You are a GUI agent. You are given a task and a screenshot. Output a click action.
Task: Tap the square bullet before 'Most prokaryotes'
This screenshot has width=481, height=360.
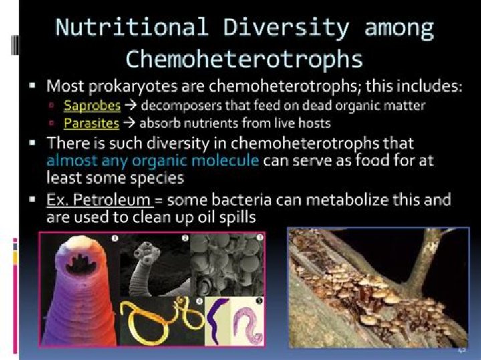click(33, 87)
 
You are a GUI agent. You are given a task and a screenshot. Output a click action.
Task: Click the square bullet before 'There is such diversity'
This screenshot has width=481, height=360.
click(33, 143)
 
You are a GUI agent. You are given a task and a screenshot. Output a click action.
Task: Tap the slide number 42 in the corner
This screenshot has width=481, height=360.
click(462, 350)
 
